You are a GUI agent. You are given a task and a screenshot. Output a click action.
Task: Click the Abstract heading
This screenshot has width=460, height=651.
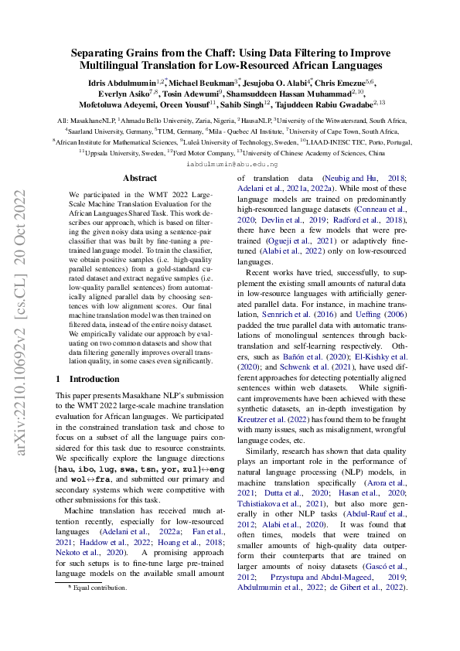(140, 178)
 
